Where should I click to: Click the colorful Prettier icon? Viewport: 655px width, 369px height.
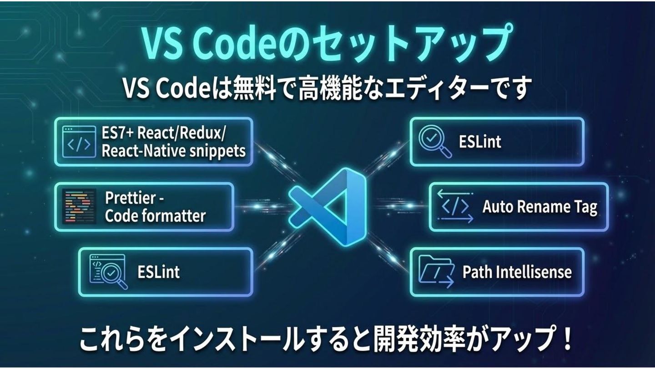pos(80,206)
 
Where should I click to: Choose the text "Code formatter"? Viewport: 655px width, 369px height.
pos(155,215)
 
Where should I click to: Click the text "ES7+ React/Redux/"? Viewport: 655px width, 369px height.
pos(164,133)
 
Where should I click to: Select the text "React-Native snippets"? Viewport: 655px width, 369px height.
pos(173,150)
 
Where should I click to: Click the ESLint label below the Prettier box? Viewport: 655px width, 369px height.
pos(158,272)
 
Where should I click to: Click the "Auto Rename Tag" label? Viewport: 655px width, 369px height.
pos(539,207)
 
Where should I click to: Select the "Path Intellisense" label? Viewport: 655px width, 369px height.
pos(517,272)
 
